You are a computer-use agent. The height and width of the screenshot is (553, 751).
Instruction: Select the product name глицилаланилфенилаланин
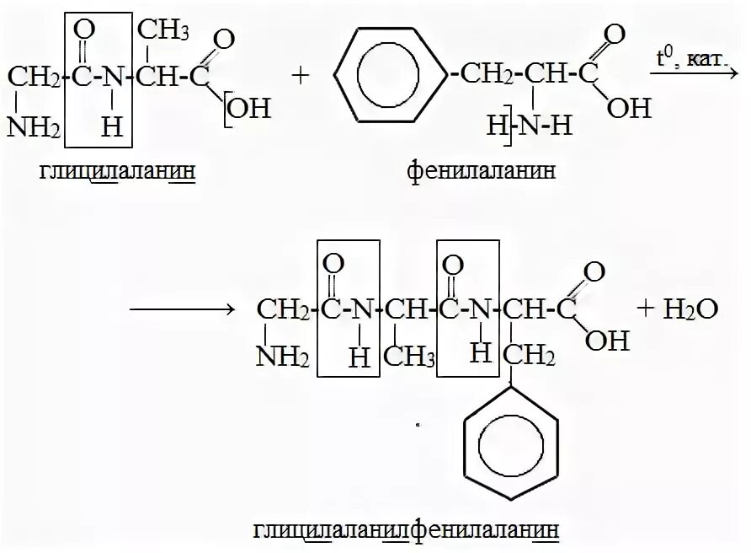click(x=403, y=530)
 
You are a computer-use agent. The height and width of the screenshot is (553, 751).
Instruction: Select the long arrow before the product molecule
click(x=181, y=310)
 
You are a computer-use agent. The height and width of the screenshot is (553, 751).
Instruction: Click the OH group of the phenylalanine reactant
click(x=629, y=109)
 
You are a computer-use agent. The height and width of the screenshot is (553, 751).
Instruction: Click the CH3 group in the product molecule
click(x=408, y=357)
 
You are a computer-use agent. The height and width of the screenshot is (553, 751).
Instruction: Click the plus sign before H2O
click(x=646, y=309)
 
